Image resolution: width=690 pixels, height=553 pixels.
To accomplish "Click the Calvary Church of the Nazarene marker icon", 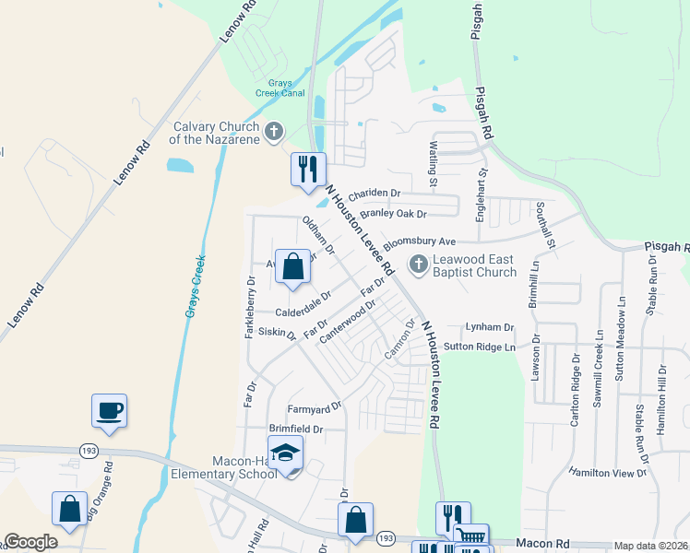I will [x=273, y=133].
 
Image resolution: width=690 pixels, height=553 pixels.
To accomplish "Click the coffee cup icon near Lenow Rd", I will [x=109, y=409].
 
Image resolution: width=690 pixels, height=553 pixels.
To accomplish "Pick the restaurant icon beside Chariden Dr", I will [x=308, y=169].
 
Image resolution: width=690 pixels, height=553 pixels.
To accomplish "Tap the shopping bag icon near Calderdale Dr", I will [x=292, y=267].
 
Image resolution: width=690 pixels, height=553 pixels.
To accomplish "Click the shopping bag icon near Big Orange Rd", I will [x=69, y=508].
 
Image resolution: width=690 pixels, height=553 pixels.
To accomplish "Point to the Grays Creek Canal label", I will [x=280, y=88].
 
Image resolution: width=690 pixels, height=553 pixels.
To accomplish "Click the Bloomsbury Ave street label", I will [x=421, y=241].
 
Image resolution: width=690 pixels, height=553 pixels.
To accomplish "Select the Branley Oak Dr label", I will [x=394, y=214].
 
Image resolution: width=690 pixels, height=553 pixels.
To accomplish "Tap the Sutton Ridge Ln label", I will [x=479, y=347].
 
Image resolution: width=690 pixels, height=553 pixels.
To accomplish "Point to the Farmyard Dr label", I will [x=315, y=405].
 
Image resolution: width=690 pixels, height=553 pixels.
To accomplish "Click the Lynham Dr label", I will [x=489, y=327].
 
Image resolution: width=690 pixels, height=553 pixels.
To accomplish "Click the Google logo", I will [x=30, y=542].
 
